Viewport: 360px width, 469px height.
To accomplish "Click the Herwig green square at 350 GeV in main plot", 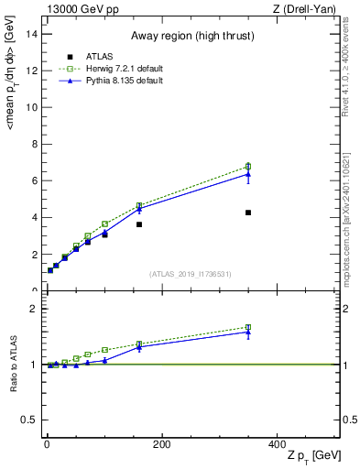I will tap(248, 167).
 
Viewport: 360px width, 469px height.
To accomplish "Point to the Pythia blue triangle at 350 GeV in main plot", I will tap(248, 174).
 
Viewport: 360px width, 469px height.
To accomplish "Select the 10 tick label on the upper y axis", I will tap(32, 106).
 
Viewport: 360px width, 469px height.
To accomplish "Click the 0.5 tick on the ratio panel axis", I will tap(30, 420).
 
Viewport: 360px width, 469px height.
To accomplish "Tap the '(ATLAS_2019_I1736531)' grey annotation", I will tap(190, 274).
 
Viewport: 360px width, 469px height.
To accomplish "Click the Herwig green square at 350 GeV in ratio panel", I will tap(248, 327).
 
